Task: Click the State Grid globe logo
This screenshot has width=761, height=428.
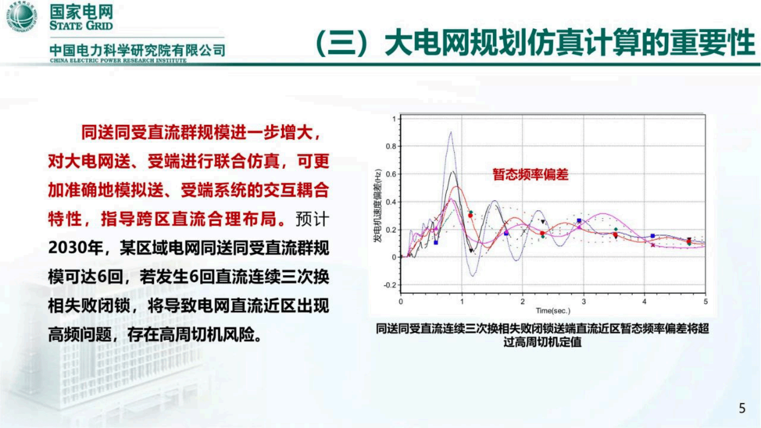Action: [22, 16]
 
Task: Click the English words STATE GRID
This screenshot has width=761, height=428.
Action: [81, 25]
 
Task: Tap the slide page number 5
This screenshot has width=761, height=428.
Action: [742, 408]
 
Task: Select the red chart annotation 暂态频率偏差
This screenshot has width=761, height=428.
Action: [531, 175]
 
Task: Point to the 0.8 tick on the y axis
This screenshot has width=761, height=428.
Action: [391, 146]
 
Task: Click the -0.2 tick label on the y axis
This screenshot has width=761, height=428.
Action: [390, 285]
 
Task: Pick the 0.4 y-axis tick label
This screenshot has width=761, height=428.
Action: [391, 202]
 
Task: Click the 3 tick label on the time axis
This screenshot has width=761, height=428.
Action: [584, 302]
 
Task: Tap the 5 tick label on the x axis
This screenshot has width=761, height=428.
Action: [705, 302]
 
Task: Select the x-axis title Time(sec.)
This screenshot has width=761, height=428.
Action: [553, 311]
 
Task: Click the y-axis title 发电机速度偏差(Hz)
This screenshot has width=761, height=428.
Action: [378, 206]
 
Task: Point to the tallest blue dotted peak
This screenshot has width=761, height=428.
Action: [451, 132]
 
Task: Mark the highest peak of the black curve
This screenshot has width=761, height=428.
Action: [452, 172]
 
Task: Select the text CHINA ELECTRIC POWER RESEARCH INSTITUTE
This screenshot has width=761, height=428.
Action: [118, 61]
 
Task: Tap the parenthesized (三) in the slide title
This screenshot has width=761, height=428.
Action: [342, 44]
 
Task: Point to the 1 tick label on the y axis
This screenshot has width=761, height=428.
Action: [394, 119]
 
